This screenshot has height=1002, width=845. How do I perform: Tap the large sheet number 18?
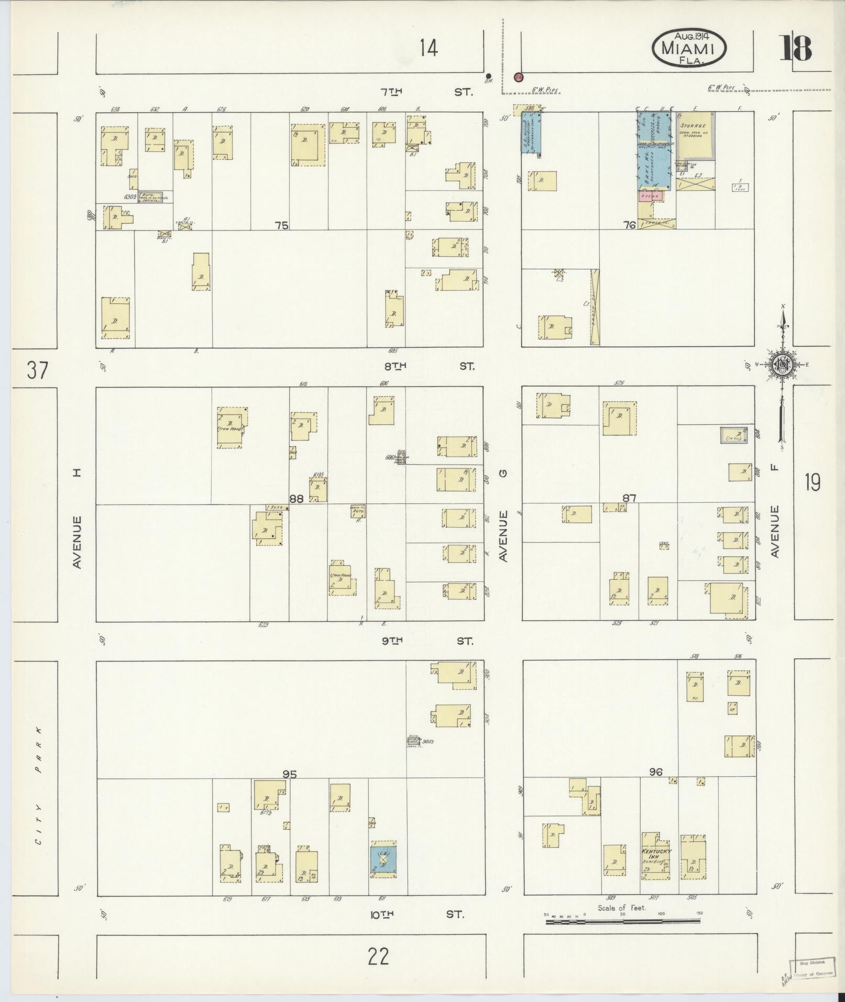pos(796,49)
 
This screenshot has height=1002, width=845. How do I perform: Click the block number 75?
pos(281,226)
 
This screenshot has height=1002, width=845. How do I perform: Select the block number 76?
pos(629,225)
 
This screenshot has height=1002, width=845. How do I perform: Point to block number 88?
pos(297,499)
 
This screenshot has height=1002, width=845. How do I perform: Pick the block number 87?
pos(629,498)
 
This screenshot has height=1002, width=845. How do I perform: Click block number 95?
pos(289,774)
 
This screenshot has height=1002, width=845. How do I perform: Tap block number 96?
pos(655,772)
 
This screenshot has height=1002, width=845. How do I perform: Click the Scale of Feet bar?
pos(623,920)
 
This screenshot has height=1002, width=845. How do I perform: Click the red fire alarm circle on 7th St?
pos(519,77)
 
